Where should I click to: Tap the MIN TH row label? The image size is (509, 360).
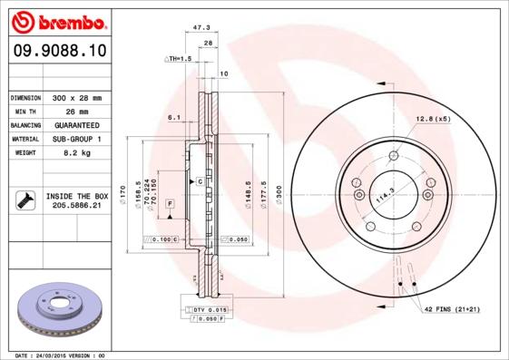24,112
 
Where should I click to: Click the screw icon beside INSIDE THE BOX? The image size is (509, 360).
24,200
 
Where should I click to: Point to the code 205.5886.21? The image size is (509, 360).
76,206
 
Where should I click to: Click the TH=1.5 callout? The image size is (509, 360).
178,59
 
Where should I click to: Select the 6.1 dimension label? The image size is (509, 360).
174,117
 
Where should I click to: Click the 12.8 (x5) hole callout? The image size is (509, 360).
433,119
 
